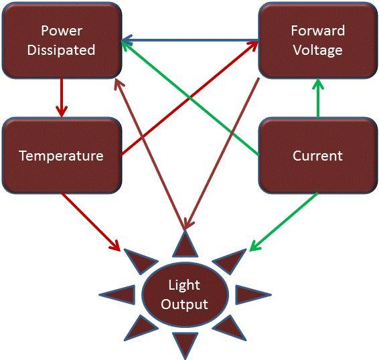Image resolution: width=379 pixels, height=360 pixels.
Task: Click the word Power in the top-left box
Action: (62, 31)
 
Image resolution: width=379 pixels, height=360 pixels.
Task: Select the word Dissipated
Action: (61, 50)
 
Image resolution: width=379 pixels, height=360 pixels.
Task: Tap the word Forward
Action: (318, 31)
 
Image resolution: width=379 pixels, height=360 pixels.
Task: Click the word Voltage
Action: (318, 50)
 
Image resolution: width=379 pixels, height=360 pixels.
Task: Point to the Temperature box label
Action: (62, 156)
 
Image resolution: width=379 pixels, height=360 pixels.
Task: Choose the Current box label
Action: (318, 156)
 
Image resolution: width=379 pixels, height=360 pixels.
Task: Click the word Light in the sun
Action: (184, 286)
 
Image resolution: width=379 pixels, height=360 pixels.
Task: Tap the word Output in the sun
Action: (184, 304)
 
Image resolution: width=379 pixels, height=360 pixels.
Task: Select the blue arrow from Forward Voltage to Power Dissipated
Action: (190, 40)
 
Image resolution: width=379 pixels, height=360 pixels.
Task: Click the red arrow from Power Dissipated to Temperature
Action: (62, 97)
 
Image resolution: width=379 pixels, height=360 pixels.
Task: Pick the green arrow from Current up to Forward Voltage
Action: (318, 98)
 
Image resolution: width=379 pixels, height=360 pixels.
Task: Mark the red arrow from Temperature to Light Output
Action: (91, 222)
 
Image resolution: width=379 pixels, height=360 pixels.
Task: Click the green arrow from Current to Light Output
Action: (283, 221)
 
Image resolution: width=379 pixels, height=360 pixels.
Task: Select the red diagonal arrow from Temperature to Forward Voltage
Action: (189, 98)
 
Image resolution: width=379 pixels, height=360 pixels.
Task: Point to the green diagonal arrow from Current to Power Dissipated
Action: (190, 98)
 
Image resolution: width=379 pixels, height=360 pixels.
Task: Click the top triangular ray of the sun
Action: (185, 244)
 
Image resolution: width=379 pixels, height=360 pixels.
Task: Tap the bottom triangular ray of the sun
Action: (185, 345)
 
